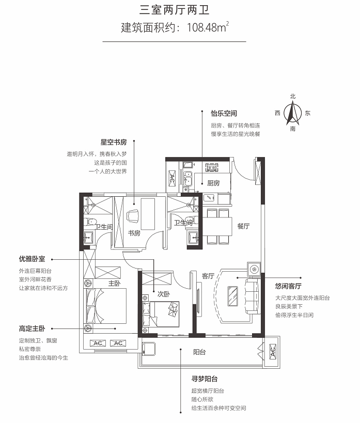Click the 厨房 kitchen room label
pos(213,183)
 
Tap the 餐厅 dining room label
pos(243,226)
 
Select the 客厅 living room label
pos(208,276)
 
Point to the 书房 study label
pos(134,233)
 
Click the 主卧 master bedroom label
pos(115,283)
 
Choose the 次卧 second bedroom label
pos(164,294)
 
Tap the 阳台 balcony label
pos(199,352)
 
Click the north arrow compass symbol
pos(293,113)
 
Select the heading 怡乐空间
pos(224,113)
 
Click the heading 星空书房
pos(114,142)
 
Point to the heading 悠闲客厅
pos(288,286)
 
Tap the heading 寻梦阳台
pos(205,379)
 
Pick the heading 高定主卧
pos(32,328)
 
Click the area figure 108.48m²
pos(208,27)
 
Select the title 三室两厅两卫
pos(175,10)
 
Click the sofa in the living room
pos(253,296)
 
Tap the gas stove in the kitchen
pos(212,167)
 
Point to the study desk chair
pos(133,216)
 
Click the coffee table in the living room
pos(232,296)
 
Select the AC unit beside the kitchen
pos(172,178)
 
